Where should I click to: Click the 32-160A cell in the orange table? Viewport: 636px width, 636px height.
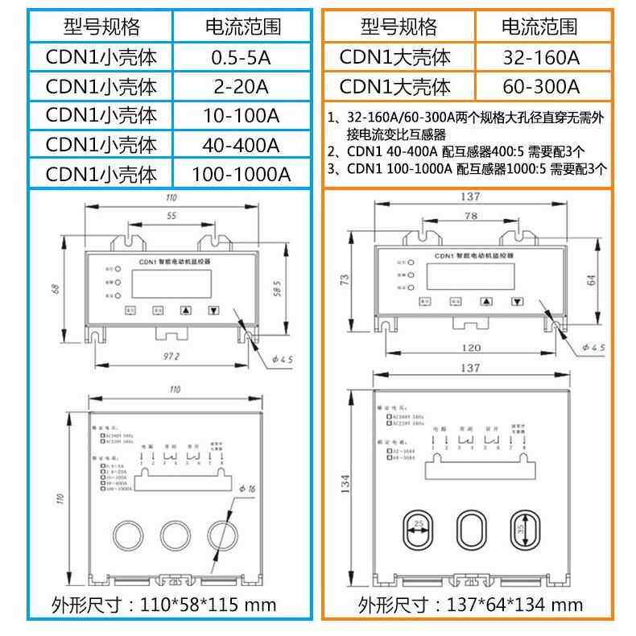coord(539,56)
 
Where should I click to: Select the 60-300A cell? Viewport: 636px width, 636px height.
coord(539,86)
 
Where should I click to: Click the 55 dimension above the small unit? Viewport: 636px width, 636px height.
coord(171,217)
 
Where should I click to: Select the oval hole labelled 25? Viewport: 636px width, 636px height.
coord(418,529)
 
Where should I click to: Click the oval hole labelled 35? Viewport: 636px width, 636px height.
coord(522,529)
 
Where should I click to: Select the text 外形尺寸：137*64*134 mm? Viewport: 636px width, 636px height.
coord(470,605)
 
